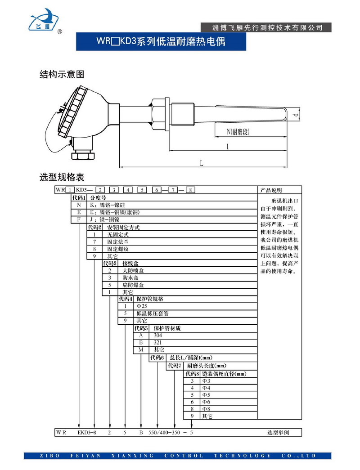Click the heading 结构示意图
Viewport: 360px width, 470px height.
(62, 75)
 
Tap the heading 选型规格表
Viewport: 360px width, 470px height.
(62, 177)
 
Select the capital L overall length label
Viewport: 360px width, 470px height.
(202, 164)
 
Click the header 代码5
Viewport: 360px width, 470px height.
(141, 328)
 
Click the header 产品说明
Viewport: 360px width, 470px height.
(272, 190)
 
